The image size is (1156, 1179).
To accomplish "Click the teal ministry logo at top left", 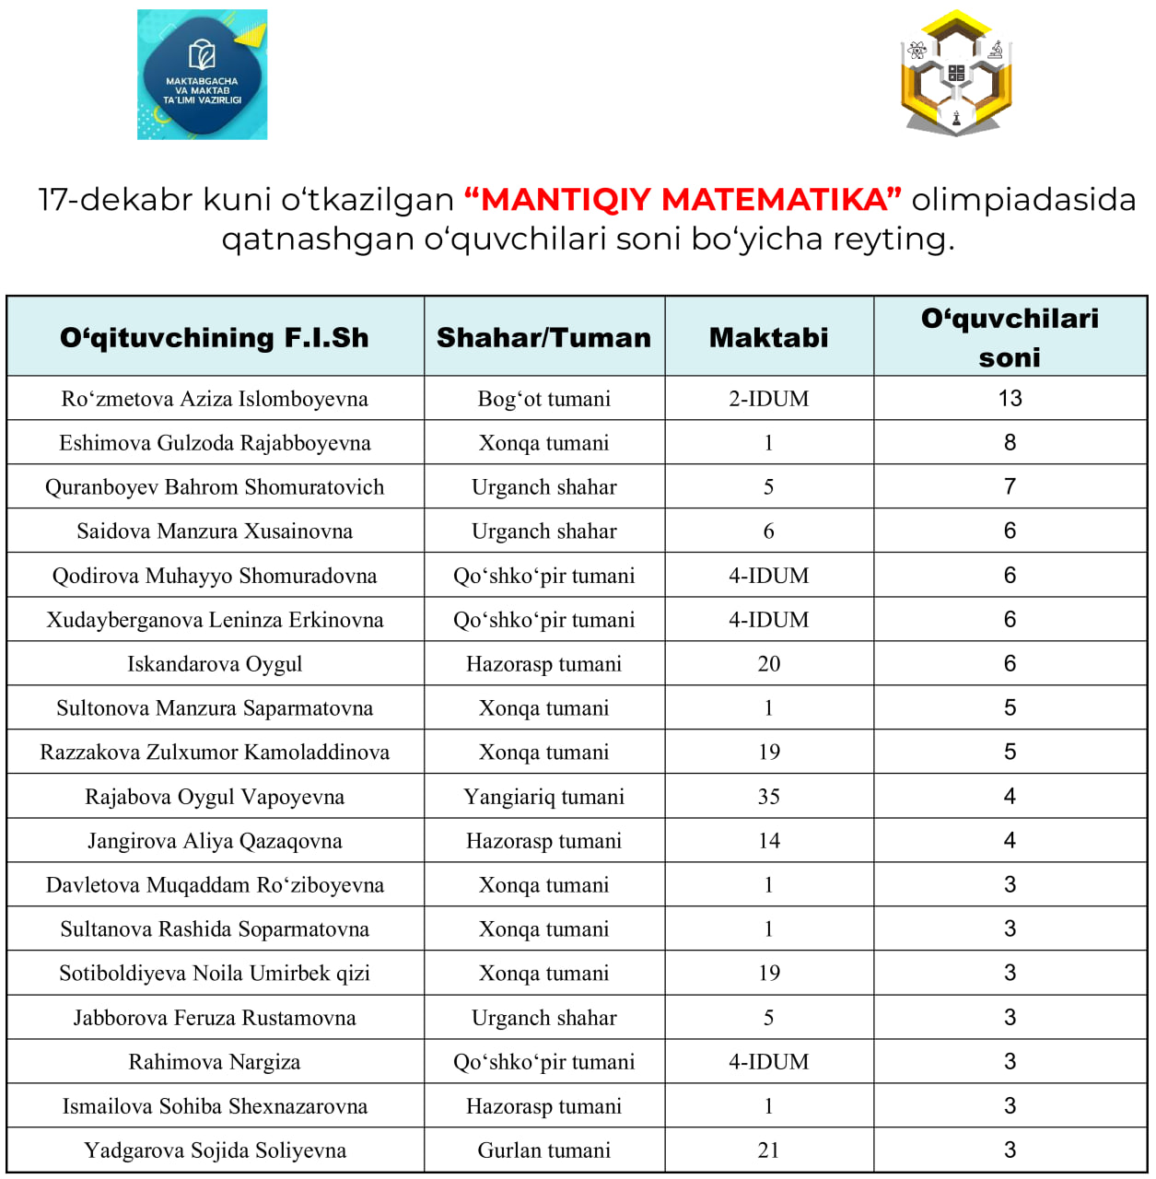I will tap(202, 75).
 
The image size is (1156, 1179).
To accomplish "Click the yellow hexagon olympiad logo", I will tap(956, 74).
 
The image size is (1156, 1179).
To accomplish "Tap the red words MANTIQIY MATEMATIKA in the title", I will tap(683, 199).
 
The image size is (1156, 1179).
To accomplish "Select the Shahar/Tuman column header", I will tap(543, 338).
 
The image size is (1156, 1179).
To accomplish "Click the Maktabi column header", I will tap(768, 338).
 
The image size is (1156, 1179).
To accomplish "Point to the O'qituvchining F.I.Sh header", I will tap(215, 338).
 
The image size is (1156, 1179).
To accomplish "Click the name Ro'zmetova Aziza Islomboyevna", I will tap(215, 399).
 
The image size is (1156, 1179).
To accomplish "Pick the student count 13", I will tap(1010, 399).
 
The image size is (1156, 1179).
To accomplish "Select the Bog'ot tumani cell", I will tap(543, 399).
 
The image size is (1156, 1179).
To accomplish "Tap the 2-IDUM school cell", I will tap(768, 399).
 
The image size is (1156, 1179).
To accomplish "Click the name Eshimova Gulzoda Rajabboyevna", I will tap(215, 443).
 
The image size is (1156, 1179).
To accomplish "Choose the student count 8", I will tap(1010, 443).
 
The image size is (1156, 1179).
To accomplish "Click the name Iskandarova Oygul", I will tap(215, 664).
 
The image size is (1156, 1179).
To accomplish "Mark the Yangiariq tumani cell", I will tap(543, 797).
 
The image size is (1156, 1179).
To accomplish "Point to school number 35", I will tap(768, 797).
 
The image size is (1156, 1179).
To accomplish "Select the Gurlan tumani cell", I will tap(543, 1150).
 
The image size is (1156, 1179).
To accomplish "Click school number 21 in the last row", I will tap(768, 1150).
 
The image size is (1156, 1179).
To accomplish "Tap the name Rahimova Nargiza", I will tap(215, 1062).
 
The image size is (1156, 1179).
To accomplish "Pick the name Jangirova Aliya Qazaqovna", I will tap(215, 841).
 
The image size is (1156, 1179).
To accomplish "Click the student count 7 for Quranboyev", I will tap(1010, 487).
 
